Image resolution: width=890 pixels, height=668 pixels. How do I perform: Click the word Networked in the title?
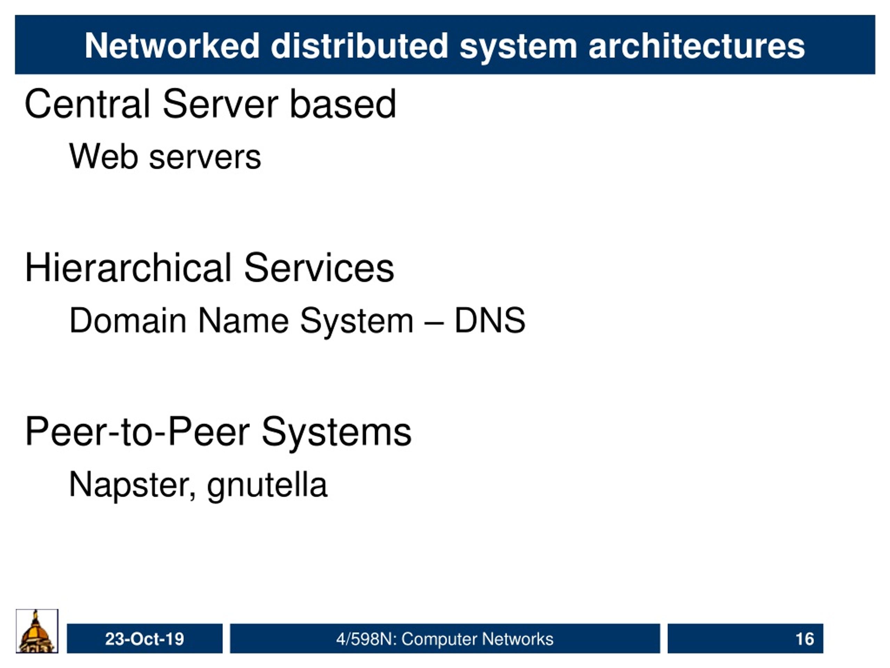point(172,46)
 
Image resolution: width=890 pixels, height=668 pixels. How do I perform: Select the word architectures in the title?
point(696,46)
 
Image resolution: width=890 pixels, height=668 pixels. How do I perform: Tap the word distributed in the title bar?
point(359,46)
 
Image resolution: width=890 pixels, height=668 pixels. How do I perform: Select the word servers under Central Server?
point(205,157)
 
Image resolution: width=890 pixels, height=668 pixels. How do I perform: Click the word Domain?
point(128,320)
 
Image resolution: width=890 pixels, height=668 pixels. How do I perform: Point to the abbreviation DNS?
point(489,320)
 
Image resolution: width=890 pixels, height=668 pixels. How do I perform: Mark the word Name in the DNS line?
point(243,320)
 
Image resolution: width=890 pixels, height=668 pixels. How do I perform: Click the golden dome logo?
point(37,631)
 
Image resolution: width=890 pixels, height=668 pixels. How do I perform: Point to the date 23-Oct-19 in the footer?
point(144,639)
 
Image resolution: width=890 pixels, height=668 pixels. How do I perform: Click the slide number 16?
point(805,639)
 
